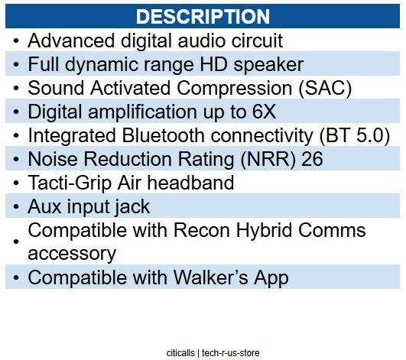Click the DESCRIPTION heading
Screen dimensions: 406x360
point(203,17)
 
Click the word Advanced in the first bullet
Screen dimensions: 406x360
point(71,41)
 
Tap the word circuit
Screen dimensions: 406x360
point(257,41)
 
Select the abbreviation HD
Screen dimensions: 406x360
point(214,64)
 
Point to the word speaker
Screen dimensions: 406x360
point(268,65)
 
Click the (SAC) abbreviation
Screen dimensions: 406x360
point(325,88)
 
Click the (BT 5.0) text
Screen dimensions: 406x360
point(355,135)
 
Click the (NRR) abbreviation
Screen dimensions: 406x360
point(268,159)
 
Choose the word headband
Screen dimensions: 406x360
point(190,183)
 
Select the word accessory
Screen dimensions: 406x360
point(72,255)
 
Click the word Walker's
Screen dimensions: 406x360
point(210,277)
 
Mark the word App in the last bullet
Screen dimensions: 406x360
point(271,278)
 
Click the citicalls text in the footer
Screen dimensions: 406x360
point(180,353)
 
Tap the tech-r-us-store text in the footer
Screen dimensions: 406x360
point(230,353)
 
